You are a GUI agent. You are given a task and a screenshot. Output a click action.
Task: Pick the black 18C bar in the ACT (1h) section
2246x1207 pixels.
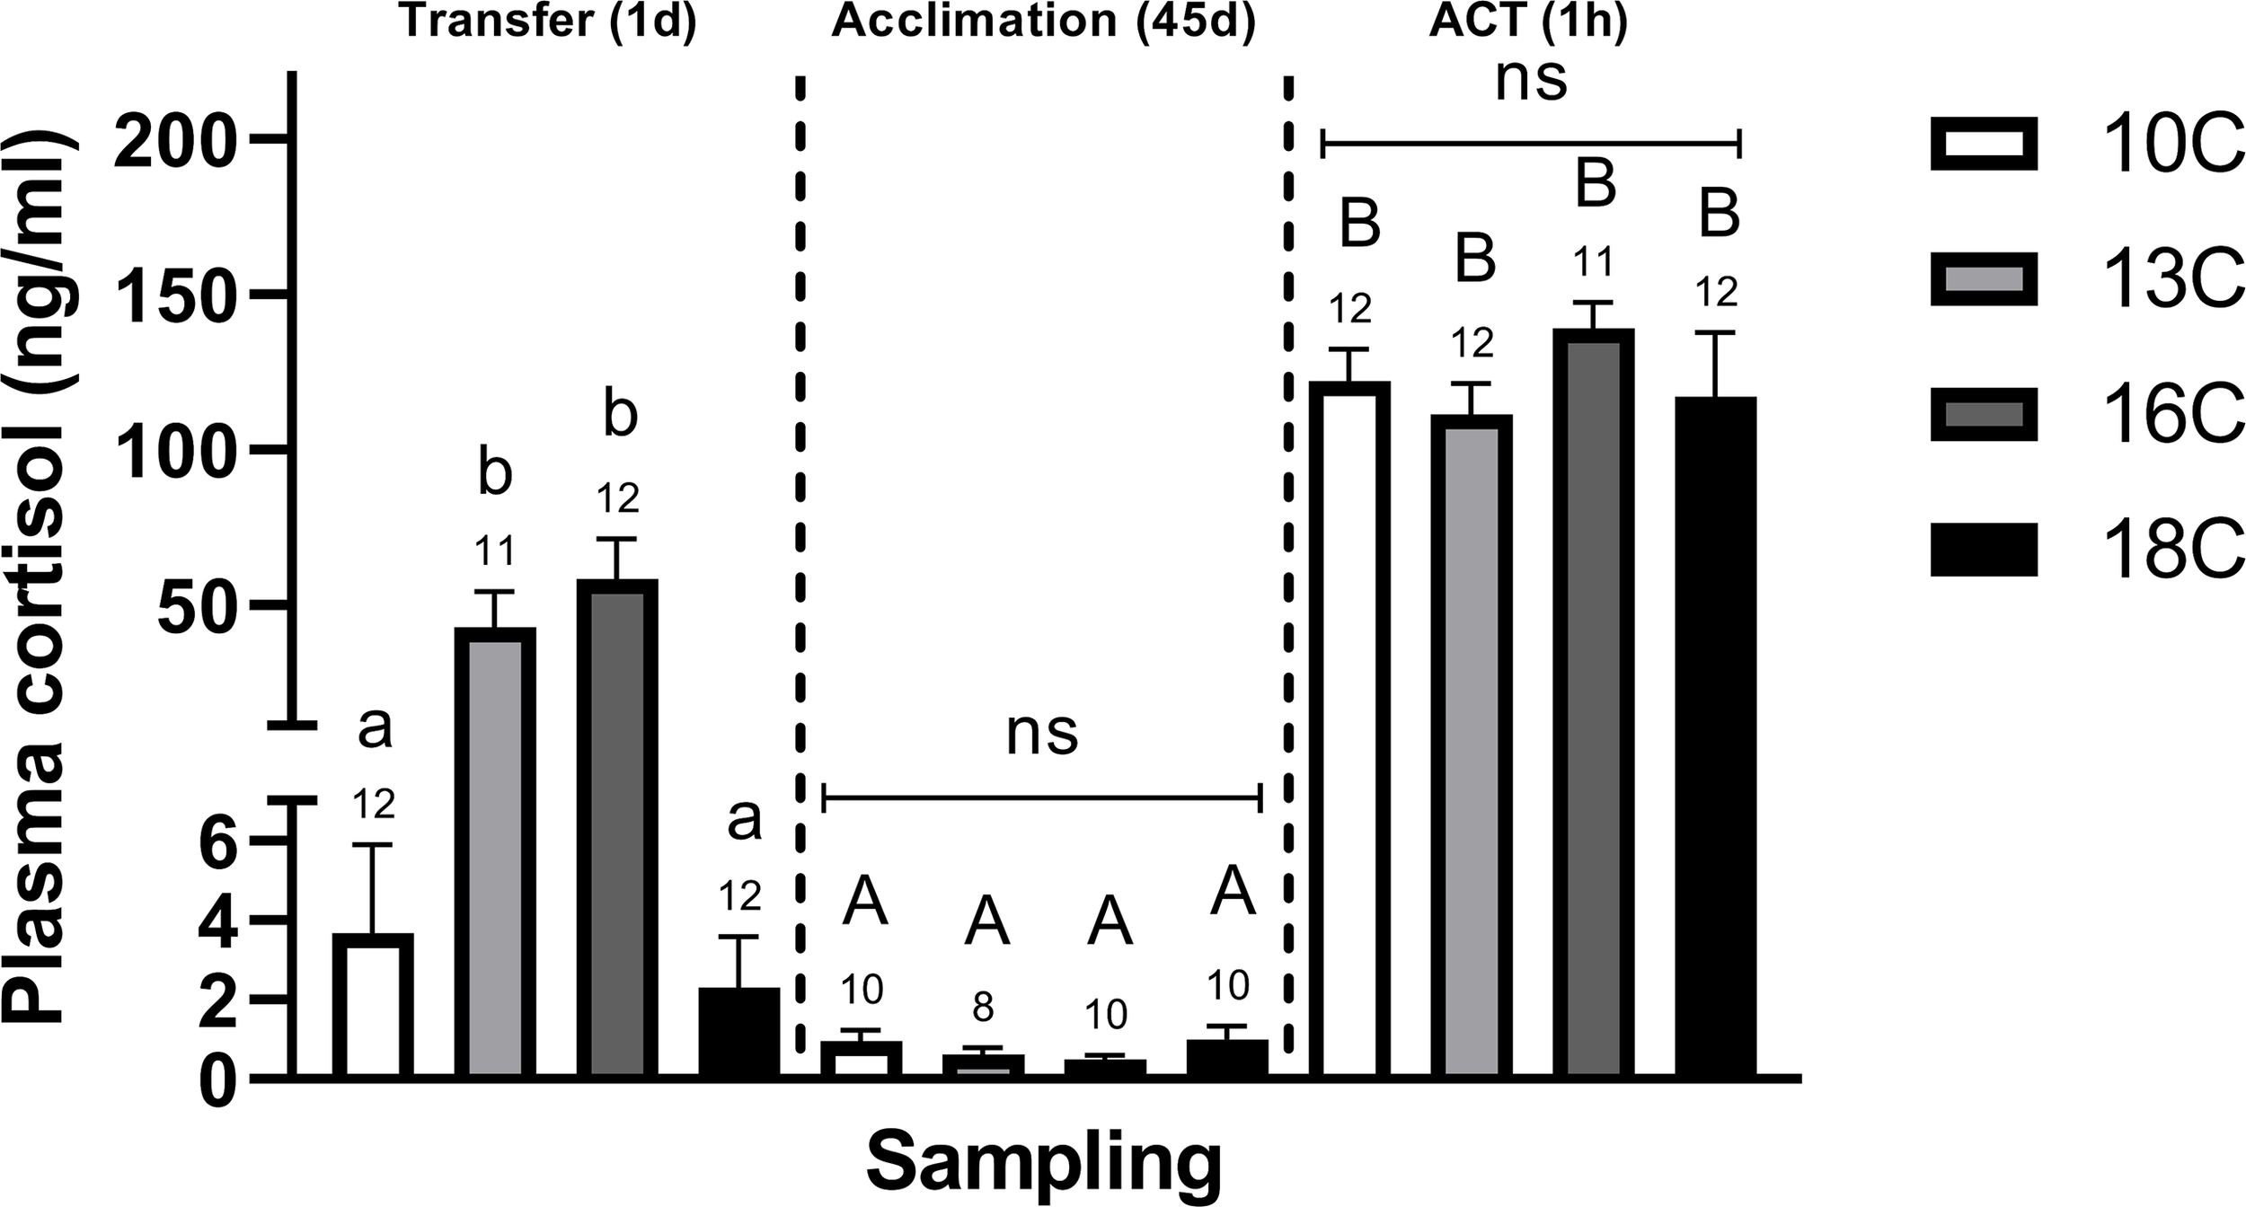[x=1716, y=736]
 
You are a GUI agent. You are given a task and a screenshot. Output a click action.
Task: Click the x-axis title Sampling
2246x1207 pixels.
[x=1043, y=1164]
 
